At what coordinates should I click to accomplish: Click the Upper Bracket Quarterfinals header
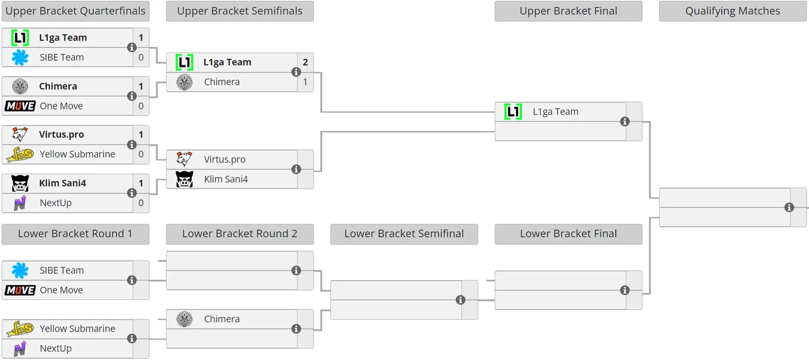(x=76, y=11)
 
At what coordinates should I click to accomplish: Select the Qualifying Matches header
(x=733, y=11)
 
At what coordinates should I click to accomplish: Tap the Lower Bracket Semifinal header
(x=404, y=234)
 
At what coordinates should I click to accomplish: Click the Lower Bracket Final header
(x=569, y=234)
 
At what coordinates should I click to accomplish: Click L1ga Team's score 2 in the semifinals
(x=305, y=62)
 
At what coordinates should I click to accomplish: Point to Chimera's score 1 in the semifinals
(x=305, y=82)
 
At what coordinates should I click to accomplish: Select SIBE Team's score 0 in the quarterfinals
(x=141, y=58)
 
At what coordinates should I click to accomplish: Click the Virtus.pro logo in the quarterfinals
(x=20, y=134)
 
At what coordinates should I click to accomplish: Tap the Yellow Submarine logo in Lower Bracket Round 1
(x=20, y=328)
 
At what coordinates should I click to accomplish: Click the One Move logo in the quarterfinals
(x=20, y=106)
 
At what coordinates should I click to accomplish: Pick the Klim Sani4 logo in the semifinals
(x=184, y=179)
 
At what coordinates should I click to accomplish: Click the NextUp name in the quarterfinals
(x=56, y=203)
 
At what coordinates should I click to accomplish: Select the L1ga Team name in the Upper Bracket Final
(x=556, y=112)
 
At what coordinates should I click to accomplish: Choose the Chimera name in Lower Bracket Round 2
(x=222, y=319)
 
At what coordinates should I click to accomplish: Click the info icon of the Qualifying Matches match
(x=789, y=208)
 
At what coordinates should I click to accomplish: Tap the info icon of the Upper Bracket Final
(x=625, y=122)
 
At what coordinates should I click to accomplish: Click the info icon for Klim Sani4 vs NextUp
(x=132, y=193)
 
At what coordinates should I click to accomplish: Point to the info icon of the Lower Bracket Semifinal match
(x=460, y=300)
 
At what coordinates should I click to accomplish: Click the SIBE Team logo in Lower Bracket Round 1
(x=20, y=270)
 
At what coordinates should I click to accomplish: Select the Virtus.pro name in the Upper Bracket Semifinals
(x=225, y=159)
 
